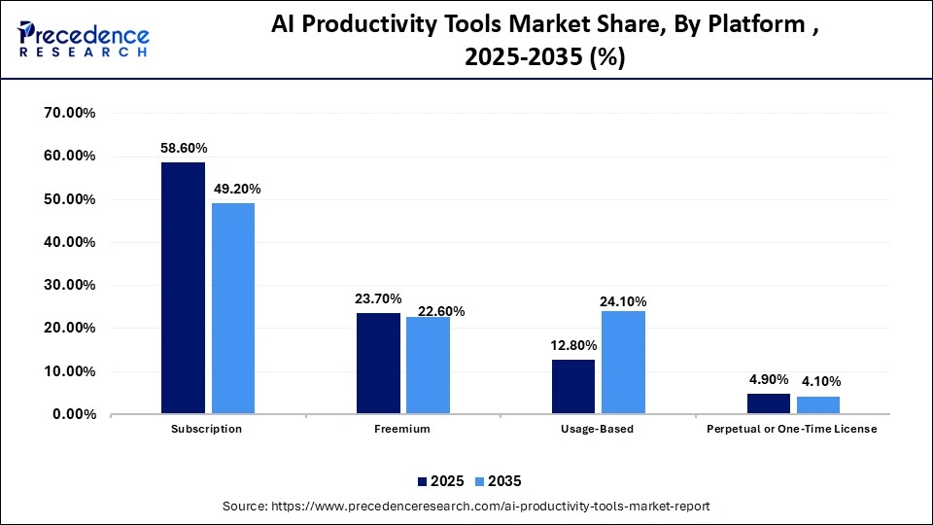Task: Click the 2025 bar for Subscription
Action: pos(183,288)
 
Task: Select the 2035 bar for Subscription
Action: pos(233,308)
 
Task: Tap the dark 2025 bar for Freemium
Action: pos(378,364)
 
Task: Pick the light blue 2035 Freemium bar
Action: pos(428,366)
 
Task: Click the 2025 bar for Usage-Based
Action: pos(573,387)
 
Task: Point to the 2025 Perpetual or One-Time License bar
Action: pos(768,403)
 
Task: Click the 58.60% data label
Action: pos(184,148)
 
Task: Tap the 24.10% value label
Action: pos(623,301)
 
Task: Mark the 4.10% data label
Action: pos(818,381)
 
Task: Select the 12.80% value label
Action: pos(573,345)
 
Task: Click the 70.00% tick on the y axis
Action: pos(69,113)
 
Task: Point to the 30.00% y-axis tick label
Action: pos(69,285)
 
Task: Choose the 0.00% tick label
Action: pos(73,414)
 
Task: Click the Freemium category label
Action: pos(402,429)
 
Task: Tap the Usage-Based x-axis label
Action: pos(598,429)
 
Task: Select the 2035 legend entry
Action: pos(498,481)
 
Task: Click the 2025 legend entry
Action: pos(438,481)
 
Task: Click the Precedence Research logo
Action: pos(85,39)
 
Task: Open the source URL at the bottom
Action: pos(466,507)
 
